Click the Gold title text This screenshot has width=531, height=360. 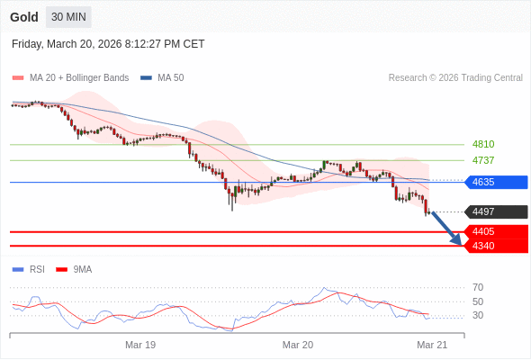pos(24,17)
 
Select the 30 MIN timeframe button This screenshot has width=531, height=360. pos(69,17)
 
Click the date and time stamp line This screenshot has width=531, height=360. pos(108,43)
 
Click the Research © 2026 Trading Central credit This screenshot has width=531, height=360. pos(455,78)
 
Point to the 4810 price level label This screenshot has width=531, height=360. pos(483,144)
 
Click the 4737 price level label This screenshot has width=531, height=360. pos(483,160)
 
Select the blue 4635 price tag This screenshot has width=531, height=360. pos(495,182)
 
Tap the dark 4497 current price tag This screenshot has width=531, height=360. pos(495,212)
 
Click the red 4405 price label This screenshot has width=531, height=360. pos(495,231)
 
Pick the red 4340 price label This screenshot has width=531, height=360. pos(495,246)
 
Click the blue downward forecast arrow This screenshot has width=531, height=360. pos(448,229)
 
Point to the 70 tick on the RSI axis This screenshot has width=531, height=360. pos(478,287)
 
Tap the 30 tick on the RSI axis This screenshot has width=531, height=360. pos(478,315)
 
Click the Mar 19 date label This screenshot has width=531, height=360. pos(140,345)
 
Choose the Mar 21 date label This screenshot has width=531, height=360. pos(432,345)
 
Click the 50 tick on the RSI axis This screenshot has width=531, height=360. pos(478,301)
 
